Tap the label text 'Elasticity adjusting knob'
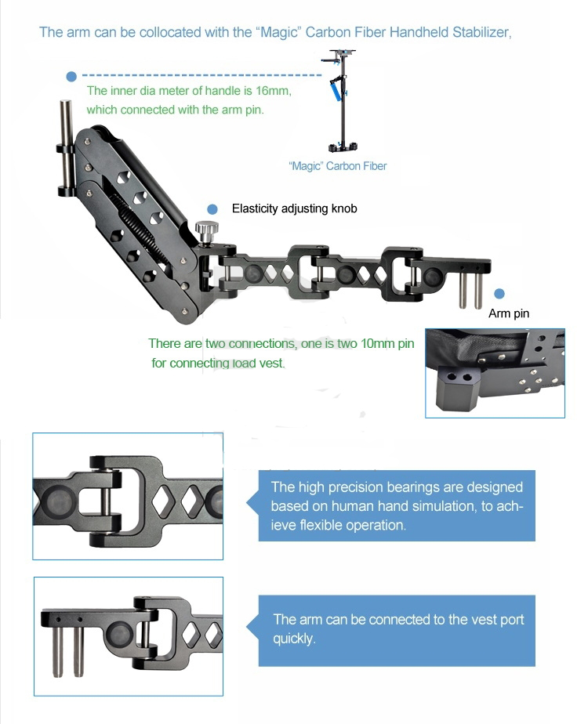click(294, 208)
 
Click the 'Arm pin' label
click(509, 313)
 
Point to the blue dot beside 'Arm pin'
click(499, 294)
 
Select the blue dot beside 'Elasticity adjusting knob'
click(212, 210)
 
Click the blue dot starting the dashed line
click(71, 77)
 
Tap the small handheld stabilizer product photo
click(339, 100)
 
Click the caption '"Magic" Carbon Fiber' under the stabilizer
click(338, 166)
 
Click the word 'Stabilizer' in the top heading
click(481, 32)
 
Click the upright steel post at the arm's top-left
click(67, 149)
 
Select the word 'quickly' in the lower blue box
click(293, 639)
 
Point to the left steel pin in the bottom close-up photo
click(58, 650)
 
